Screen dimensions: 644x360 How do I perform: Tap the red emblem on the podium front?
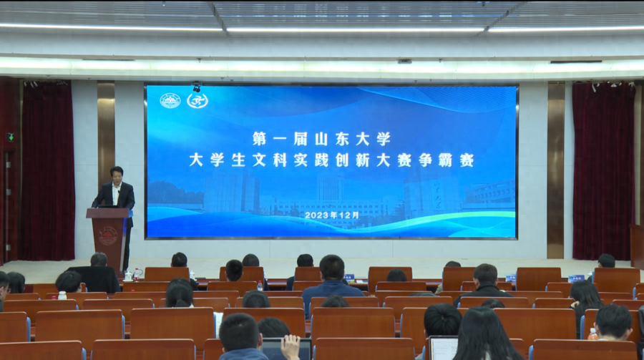(108, 236)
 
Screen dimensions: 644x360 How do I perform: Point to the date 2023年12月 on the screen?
(332, 215)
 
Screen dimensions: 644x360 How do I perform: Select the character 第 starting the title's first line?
(260, 139)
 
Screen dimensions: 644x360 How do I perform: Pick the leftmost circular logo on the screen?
(170, 101)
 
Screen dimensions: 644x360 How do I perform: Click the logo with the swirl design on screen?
(197, 101)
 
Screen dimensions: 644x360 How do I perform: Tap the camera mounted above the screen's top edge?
(197, 87)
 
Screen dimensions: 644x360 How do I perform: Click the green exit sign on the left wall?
(10, 137)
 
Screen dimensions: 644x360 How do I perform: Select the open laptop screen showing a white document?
(443, 349)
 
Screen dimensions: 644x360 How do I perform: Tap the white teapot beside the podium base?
(129, 276)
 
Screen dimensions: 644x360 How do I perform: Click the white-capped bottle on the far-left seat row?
(62, 295)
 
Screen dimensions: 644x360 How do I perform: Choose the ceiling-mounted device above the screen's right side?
(404, 62)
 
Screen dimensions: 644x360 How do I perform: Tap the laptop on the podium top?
(107, 206)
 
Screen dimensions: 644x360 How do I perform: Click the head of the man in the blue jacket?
(332, 268)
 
